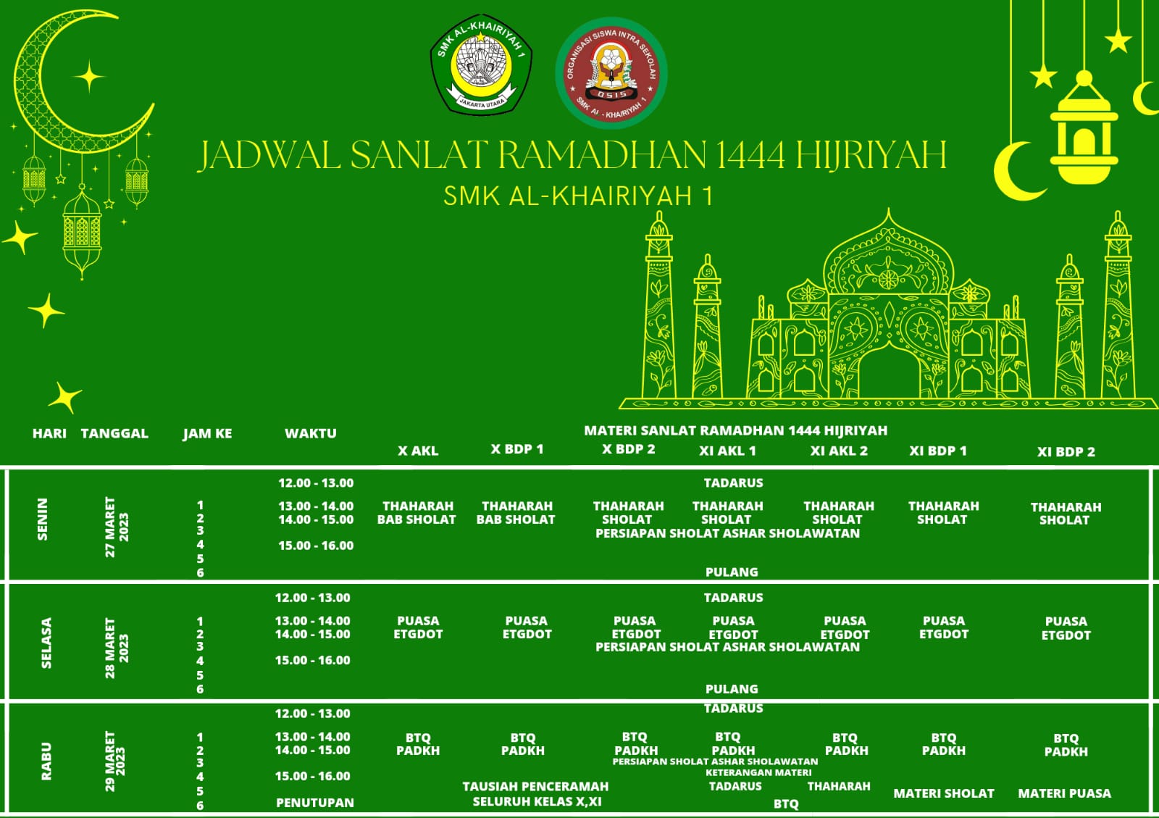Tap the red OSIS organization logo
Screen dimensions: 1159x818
pyautogui.click(x=611, y=73)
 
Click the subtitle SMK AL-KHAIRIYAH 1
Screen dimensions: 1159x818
pyautogui.click(x=578, y=196)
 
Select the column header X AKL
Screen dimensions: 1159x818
pyautogui.click(x=418, y=451)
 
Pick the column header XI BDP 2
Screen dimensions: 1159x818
pyautogui.click(x=1066, y=451)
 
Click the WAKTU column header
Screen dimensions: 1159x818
pyautogui.click(x=310, y=433)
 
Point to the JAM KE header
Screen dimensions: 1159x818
pyautogui.click(x=207, y=433)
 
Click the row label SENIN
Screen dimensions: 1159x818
pyautogui.click(x=43, y=519)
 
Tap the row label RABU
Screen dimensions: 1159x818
pyautogui.click(x=46, y=761)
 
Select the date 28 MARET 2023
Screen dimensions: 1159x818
pyautogui.click(x=117, y=647)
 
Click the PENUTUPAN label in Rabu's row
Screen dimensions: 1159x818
pyautogui.click(x=315, y=803)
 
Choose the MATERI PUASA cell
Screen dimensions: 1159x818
pyautogui.click(x=1064, y=793)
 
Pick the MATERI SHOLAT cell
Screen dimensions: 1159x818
pyautogui.click(x=943, y=793)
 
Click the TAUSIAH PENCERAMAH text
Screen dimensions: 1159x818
pyautogui.click(x=535, y=787)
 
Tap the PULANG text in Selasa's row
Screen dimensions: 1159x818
pyautogui.click(x=732, y=688)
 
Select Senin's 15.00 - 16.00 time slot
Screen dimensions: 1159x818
pyautogui.click(x=316, y=546)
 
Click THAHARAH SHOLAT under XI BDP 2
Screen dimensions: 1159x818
pyautogui.click(x=1065, y=513)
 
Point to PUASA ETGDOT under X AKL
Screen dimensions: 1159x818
pyautogui.click(x=418, y=627)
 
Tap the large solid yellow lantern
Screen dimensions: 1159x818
pyautogui.click(x=1084, y=134)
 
